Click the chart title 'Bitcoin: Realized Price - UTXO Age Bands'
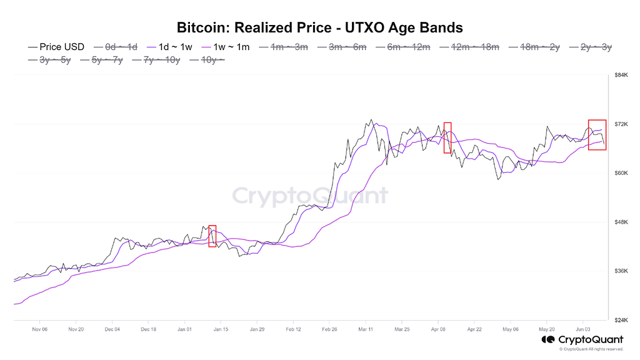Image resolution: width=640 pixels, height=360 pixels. pos(319,27)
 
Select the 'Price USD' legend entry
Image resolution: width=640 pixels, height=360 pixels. pos(57,47)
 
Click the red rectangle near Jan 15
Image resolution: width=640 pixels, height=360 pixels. pos(212,236)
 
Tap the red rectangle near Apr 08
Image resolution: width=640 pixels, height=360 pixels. pos(447,137)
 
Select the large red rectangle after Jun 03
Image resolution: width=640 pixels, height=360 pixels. pos(597,134)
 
